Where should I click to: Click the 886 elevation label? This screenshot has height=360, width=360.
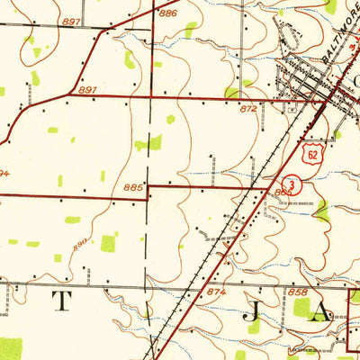168,13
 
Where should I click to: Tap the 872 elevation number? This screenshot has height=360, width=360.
249,107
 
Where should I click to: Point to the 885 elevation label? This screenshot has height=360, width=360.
133,187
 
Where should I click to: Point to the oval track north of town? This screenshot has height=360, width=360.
289,36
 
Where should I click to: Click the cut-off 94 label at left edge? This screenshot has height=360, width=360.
4,172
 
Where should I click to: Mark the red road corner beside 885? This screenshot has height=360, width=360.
148,186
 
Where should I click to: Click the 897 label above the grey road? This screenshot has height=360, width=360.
72,21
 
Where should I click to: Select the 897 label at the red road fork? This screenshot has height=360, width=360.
87,90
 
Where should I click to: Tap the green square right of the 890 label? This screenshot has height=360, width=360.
109,243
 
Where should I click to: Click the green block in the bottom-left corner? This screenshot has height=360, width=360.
10,348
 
